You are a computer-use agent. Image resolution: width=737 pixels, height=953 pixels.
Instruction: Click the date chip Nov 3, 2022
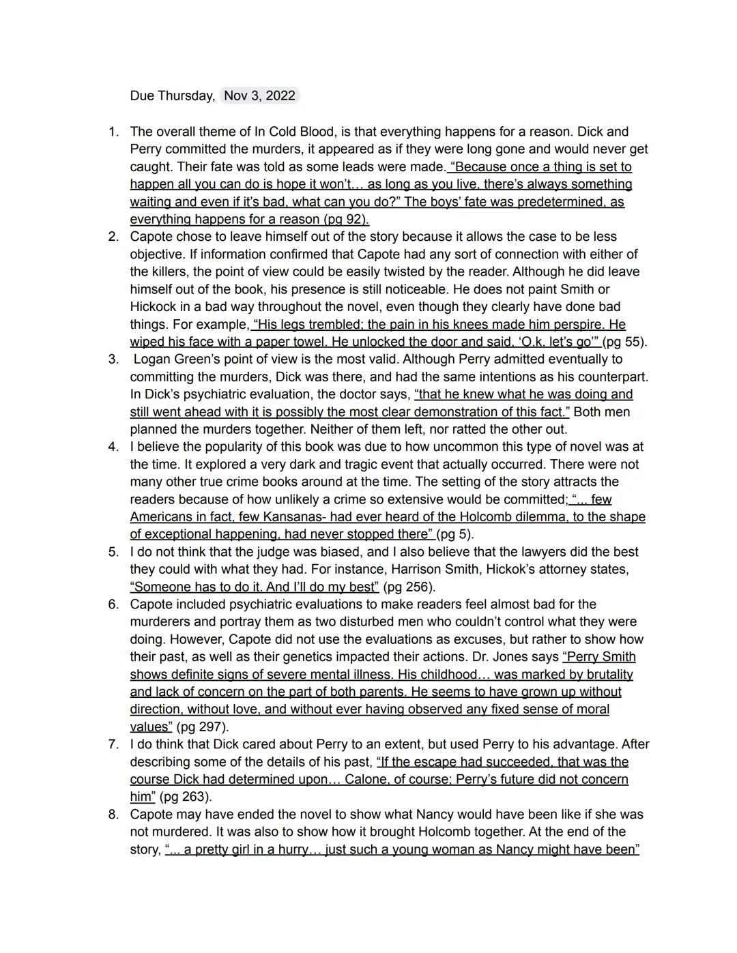coord(259,96)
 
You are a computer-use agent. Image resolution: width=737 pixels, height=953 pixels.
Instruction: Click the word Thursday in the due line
coord(185,96)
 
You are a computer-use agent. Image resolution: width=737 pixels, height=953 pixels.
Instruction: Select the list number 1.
coord(113,132)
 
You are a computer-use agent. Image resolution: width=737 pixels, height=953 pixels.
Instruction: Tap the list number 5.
coord(113,552)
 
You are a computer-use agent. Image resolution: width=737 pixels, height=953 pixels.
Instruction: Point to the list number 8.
coord(113,815)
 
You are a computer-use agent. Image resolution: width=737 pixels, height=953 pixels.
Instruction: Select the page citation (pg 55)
coord(624,342)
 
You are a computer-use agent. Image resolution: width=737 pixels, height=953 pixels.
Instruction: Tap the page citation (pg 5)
coord(454,534)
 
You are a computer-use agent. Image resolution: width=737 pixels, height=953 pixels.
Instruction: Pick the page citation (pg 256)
coord(409,587)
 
